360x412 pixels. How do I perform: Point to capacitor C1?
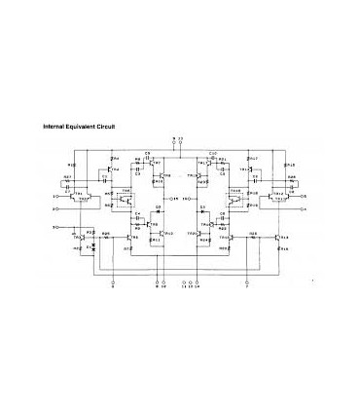point(102,179)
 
